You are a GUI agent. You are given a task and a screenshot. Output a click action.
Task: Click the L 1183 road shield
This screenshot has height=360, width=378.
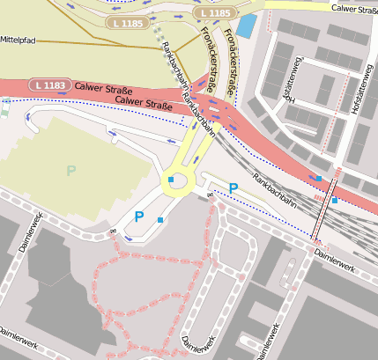pos(48,85)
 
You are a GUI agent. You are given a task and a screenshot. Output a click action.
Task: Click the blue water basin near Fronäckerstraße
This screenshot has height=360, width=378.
pos(247,25)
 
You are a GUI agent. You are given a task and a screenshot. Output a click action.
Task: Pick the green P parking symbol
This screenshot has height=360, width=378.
pos(70,170)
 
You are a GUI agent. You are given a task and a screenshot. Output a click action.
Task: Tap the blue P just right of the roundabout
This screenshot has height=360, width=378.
pos(233,187)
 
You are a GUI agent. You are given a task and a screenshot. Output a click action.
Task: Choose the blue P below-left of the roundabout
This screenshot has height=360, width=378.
pos(138,216)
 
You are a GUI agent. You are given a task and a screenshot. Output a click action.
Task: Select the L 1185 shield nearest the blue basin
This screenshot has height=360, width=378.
pos(214,13)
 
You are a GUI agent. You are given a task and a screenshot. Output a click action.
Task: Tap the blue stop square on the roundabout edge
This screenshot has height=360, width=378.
pos(170,180)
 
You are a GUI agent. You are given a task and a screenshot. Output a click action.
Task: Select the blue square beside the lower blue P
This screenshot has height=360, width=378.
pos(159,219)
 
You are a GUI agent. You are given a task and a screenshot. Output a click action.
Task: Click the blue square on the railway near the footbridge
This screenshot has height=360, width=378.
pos(334,201)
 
